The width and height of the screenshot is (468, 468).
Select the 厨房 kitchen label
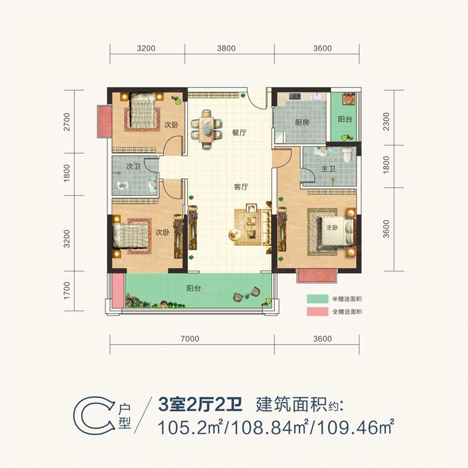302,122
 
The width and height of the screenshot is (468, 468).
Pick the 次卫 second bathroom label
133,167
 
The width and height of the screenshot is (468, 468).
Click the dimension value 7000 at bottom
190,339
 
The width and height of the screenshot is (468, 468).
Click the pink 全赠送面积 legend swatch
318,311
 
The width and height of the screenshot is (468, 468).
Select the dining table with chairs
207,127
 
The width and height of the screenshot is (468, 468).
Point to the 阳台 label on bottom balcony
194,289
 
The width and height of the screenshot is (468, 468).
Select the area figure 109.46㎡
356,427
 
